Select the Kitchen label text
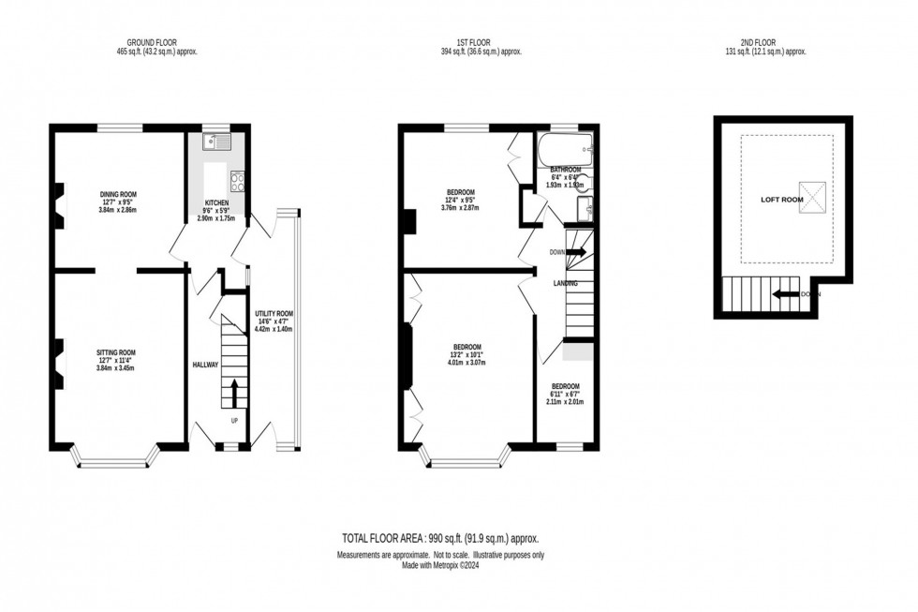pos(216,202)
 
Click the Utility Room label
pos(274,314)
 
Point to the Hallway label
pos(205,365)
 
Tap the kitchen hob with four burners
pos(237,181)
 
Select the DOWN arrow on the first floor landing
pos(575,252)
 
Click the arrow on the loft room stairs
pos(785,296)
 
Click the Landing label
pos(564,283)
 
